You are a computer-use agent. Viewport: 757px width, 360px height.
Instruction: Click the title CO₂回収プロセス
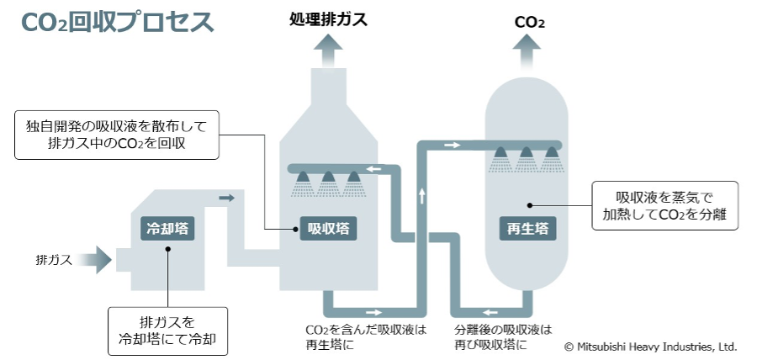coord(117,23)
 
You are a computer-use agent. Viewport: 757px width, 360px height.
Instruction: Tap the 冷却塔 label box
coord(167,228)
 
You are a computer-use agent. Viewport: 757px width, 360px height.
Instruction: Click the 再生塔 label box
coord(527,228)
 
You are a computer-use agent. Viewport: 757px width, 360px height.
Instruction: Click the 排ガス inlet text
coord(54,259)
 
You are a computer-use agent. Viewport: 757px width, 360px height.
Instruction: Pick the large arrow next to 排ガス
coord(98,259)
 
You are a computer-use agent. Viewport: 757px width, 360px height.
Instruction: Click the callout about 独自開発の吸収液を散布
coord(117,135)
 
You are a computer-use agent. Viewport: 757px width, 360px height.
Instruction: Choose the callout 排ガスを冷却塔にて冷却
coord(167,330)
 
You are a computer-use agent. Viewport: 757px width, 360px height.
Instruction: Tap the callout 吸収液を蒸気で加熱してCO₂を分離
coord(665,206)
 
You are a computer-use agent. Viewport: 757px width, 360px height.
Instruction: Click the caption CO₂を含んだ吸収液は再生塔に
coord(365,336)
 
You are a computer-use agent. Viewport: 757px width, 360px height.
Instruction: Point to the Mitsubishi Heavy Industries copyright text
coord(650,347)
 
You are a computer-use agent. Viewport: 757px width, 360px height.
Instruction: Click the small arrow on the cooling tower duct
coord(225,199)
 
